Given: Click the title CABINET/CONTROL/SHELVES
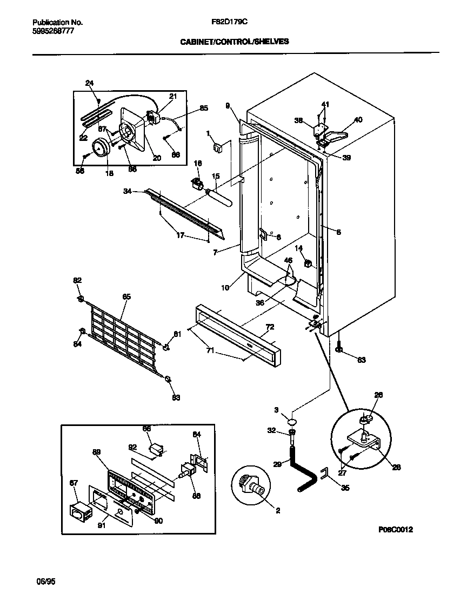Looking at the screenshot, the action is (235, 40).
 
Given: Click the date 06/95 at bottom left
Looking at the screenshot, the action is (45, 582).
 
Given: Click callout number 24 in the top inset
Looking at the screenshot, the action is (90, 83).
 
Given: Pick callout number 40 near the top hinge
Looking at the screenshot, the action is (358, 120).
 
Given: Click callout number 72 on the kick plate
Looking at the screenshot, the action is (270, 327).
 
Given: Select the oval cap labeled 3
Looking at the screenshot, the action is (291, 421).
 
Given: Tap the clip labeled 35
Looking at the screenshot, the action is (324, 475).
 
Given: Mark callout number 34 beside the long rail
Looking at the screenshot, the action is (127, 190).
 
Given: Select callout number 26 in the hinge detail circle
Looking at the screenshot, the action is (378, 395).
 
